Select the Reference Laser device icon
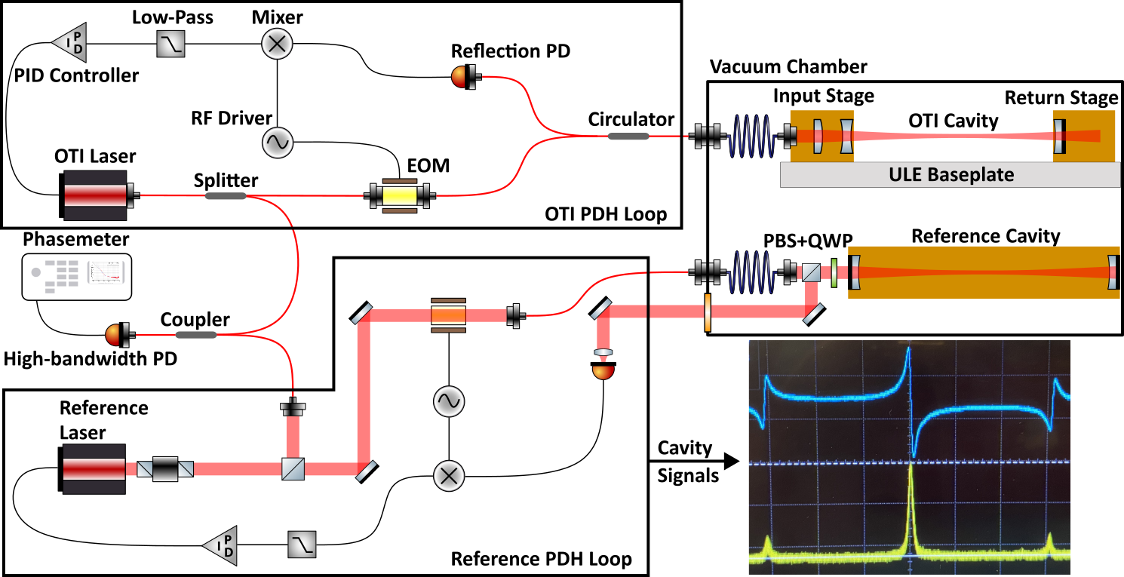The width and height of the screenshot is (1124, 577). tap(93, 468)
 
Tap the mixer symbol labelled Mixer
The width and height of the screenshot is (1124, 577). tap(277, 45)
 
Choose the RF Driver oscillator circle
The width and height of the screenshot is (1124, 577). tap(277, 141)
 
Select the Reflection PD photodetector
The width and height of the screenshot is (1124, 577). tap(461, 76)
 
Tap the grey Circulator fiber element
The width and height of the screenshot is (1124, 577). tap(628, 137)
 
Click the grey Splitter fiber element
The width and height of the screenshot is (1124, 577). tap(226, 196)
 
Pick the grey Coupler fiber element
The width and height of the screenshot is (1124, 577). tap(195, 334)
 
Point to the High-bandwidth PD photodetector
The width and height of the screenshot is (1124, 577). tap(118, 334)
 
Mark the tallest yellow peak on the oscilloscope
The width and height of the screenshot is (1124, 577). tap(911, 471)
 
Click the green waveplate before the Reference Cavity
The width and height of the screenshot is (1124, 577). tap(834, 273)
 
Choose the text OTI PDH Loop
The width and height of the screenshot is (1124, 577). tap(606, 214)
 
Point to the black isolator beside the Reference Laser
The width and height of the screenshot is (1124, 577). tap(165, 468)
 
